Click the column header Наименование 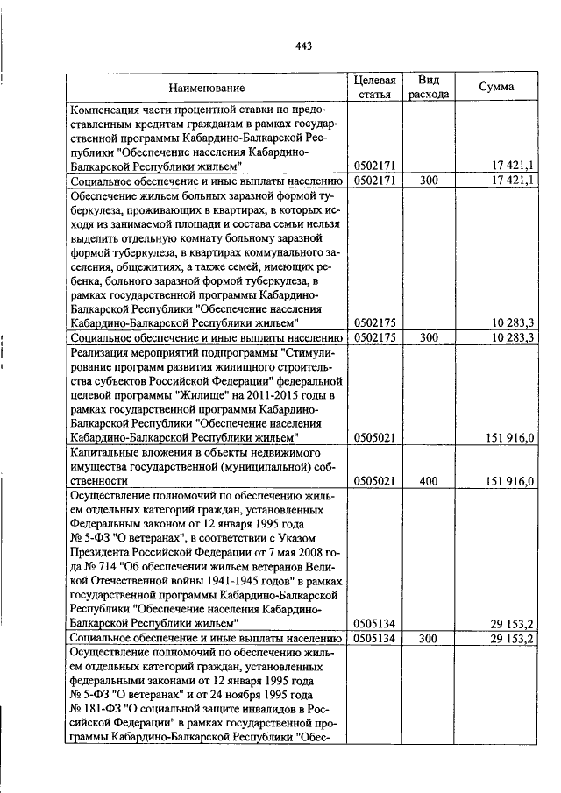click(207, 88)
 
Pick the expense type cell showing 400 click(429, 481)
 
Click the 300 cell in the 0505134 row click(429, 638)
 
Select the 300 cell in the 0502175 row click(429, 336)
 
